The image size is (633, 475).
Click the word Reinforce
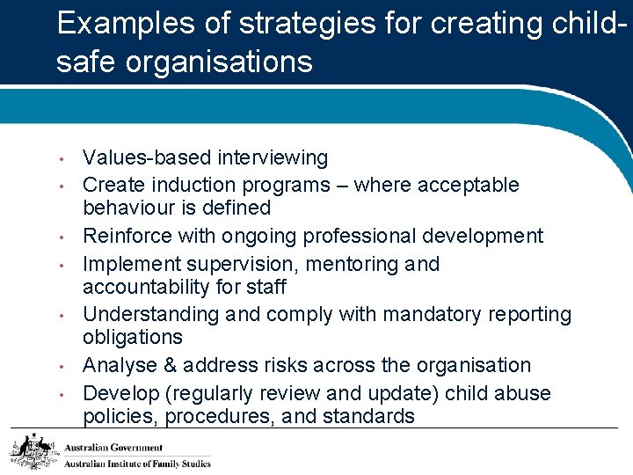point(130,237)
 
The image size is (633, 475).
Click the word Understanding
point(149,315)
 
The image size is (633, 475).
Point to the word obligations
point(133,338)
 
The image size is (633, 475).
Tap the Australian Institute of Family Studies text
point(137,464)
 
